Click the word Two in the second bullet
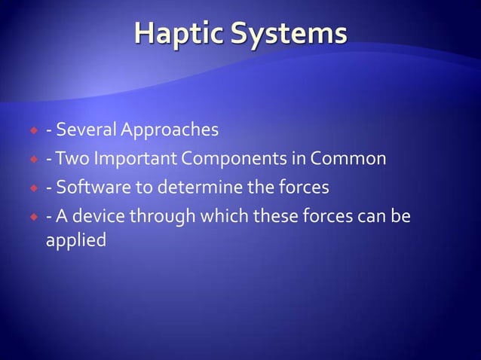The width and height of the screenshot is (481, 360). coord(70,159)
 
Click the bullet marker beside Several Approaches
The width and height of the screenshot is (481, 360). coord(33,131)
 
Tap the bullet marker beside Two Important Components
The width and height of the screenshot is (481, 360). coord(33,160)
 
